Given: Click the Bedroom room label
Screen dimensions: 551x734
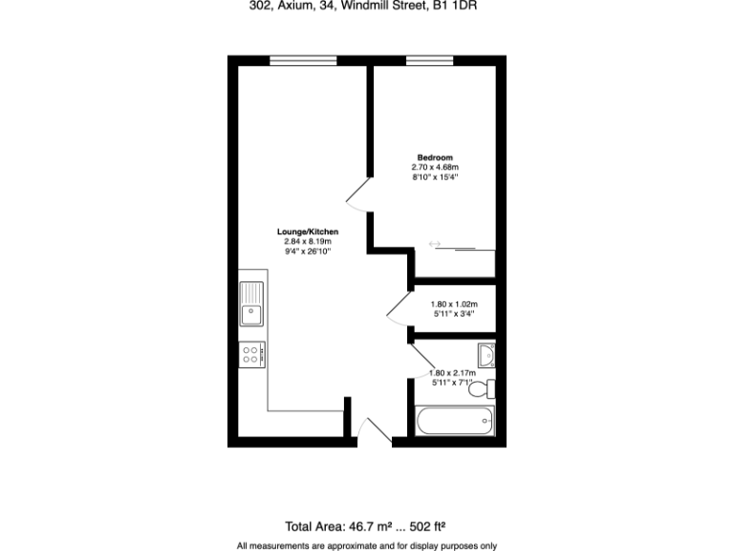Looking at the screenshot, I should pos(435,157).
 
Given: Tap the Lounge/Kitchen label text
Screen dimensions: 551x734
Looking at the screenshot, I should pos(308,232).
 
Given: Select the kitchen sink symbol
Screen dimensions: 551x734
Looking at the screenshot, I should pos(252,305).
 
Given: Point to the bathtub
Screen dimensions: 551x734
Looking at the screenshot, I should pos(455,421).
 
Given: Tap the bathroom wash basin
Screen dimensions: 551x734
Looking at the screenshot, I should pos(487,355).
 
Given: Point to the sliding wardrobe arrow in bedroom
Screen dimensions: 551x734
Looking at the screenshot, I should pos(435,245).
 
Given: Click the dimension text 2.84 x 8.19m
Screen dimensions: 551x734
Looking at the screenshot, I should pos(308,242).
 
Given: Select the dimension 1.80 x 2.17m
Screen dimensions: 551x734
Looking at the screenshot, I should pos(452,373).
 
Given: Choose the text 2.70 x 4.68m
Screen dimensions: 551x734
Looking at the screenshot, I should pos(435,166).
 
